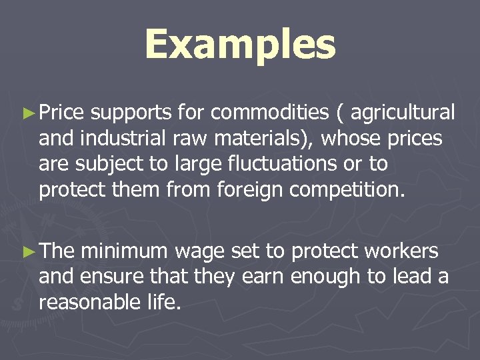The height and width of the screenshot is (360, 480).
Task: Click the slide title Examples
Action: (x=240, y=45)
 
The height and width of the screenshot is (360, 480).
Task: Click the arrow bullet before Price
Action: (x=27, y=115)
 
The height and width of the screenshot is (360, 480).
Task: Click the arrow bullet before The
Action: (x=27, y=252)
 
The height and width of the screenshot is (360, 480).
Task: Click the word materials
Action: (x=253, y=139)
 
